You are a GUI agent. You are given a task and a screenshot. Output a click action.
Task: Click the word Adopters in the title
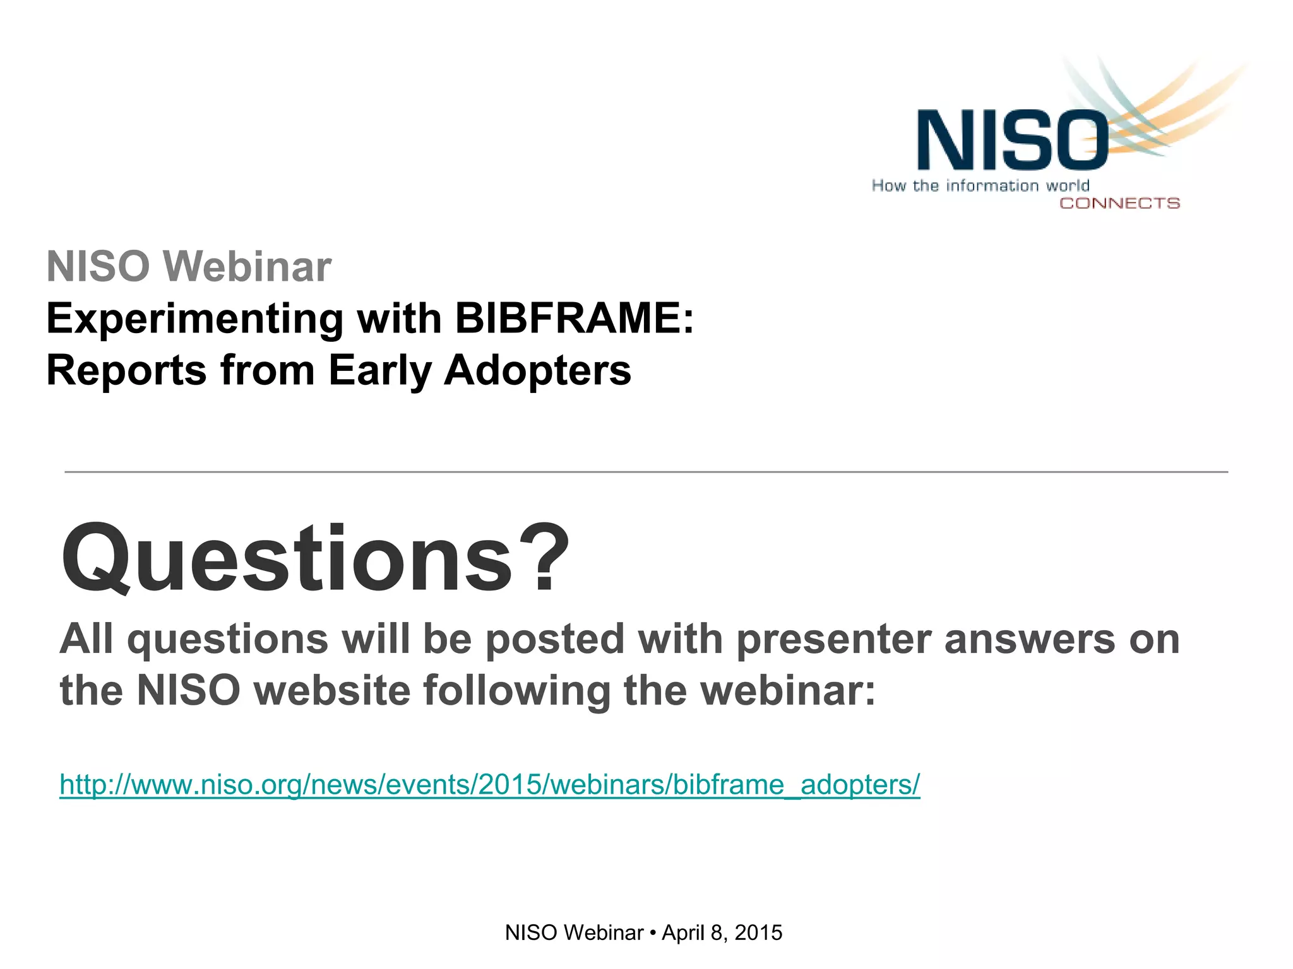click(x=537, y=370)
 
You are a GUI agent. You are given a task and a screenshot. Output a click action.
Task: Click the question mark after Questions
click(x=548, y=558)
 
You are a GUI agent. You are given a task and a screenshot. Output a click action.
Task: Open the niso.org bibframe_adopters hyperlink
click(x=489, y=785)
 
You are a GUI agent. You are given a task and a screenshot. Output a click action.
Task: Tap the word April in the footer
click(x=682, y=933)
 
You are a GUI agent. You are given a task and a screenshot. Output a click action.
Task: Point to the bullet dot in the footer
click(x=652, y=933)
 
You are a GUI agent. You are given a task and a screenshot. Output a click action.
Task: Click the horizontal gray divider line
click(x=646, y=471)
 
